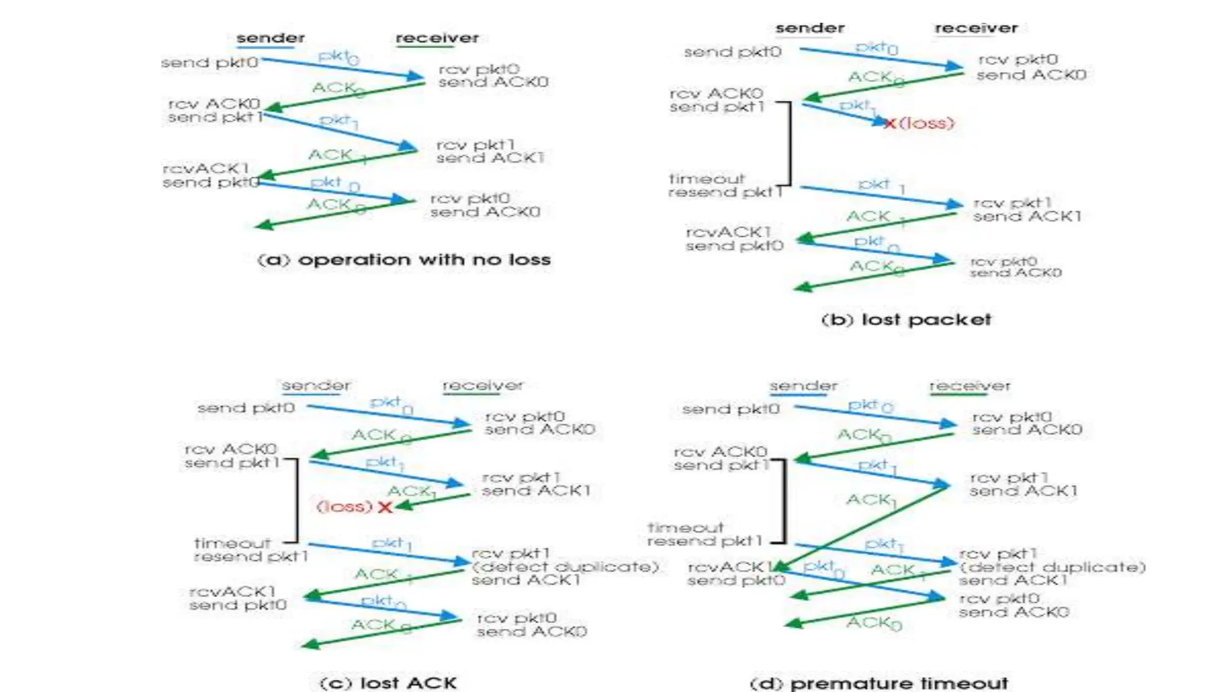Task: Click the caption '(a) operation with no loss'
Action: (404, 259)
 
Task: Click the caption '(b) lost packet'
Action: (906, 320)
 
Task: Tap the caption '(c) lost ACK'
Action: (388, 683)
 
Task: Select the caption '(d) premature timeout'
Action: (879, 683)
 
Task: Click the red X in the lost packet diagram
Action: (890, 124)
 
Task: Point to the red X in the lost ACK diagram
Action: (385, 508)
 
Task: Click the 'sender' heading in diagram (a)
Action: (270, 38)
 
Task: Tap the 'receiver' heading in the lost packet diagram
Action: (976, 28)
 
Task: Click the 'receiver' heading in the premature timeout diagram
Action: (969, 386)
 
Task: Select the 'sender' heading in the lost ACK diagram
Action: (316, 386)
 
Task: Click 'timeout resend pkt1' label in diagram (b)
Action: (725, 186)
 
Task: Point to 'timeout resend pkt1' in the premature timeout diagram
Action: (704, 535)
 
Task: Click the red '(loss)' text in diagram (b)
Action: (926, 124)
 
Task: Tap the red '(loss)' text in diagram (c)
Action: (345, 507)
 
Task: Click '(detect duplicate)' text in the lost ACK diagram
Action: (565, 567)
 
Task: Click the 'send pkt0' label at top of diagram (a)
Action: (210, 62)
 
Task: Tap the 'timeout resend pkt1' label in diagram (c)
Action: (250, 550)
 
